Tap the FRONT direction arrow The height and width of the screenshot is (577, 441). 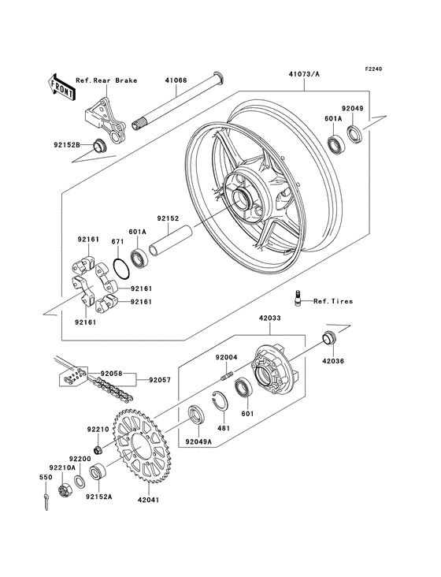62,85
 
